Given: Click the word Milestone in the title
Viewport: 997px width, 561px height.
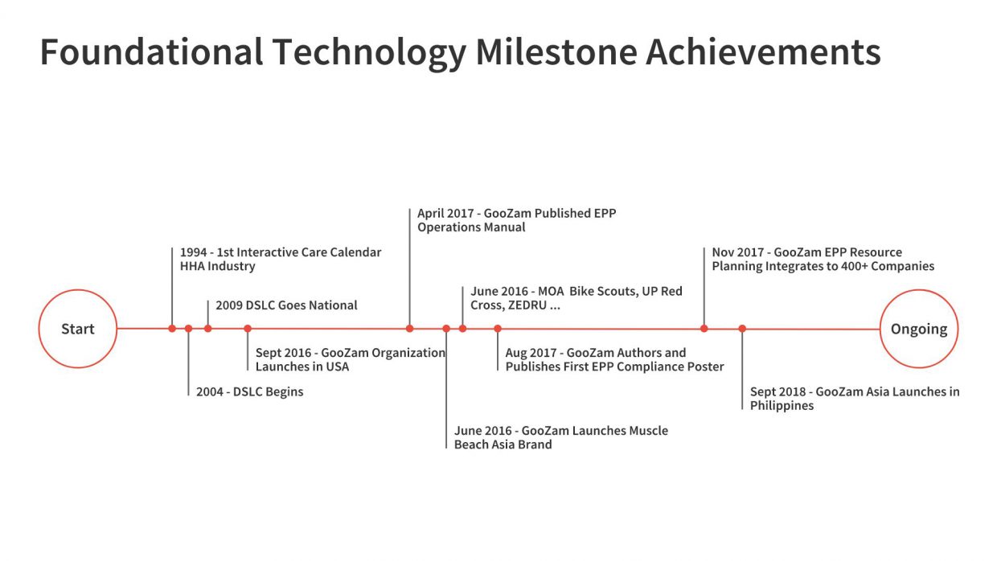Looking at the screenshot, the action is coord(556,52).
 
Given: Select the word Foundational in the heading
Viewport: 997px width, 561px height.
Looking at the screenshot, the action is coord(152,52).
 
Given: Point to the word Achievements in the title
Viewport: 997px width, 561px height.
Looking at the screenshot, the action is coord(763,52).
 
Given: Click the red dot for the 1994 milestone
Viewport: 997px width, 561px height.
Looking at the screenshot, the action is coord(172,329).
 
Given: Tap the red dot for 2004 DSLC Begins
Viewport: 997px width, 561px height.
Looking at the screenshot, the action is coord(188,329).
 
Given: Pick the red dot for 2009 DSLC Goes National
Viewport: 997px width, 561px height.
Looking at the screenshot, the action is coord(208,329).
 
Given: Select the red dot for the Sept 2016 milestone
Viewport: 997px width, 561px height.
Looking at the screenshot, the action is coord(248,329).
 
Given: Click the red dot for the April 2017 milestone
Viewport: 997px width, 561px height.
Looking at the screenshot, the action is coord(410,329).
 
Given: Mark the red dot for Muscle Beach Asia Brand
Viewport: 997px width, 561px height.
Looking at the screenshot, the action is coord(446,329).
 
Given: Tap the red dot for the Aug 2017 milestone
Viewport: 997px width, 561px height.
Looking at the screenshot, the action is coord(498,329).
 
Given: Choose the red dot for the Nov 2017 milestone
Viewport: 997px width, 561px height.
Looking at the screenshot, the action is coord(704,329).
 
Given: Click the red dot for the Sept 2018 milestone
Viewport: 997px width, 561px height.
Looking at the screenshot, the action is coord(742,329).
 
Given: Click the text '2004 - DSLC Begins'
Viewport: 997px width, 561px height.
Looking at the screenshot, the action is coord(250,392).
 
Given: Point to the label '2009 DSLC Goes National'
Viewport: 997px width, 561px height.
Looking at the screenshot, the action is coord(286,305).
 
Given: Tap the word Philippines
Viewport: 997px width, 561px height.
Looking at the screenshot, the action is coord(782,406).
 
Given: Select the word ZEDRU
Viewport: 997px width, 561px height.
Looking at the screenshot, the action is coord(527,305).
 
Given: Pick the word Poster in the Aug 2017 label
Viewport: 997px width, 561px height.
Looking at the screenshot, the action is coord(704,367).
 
